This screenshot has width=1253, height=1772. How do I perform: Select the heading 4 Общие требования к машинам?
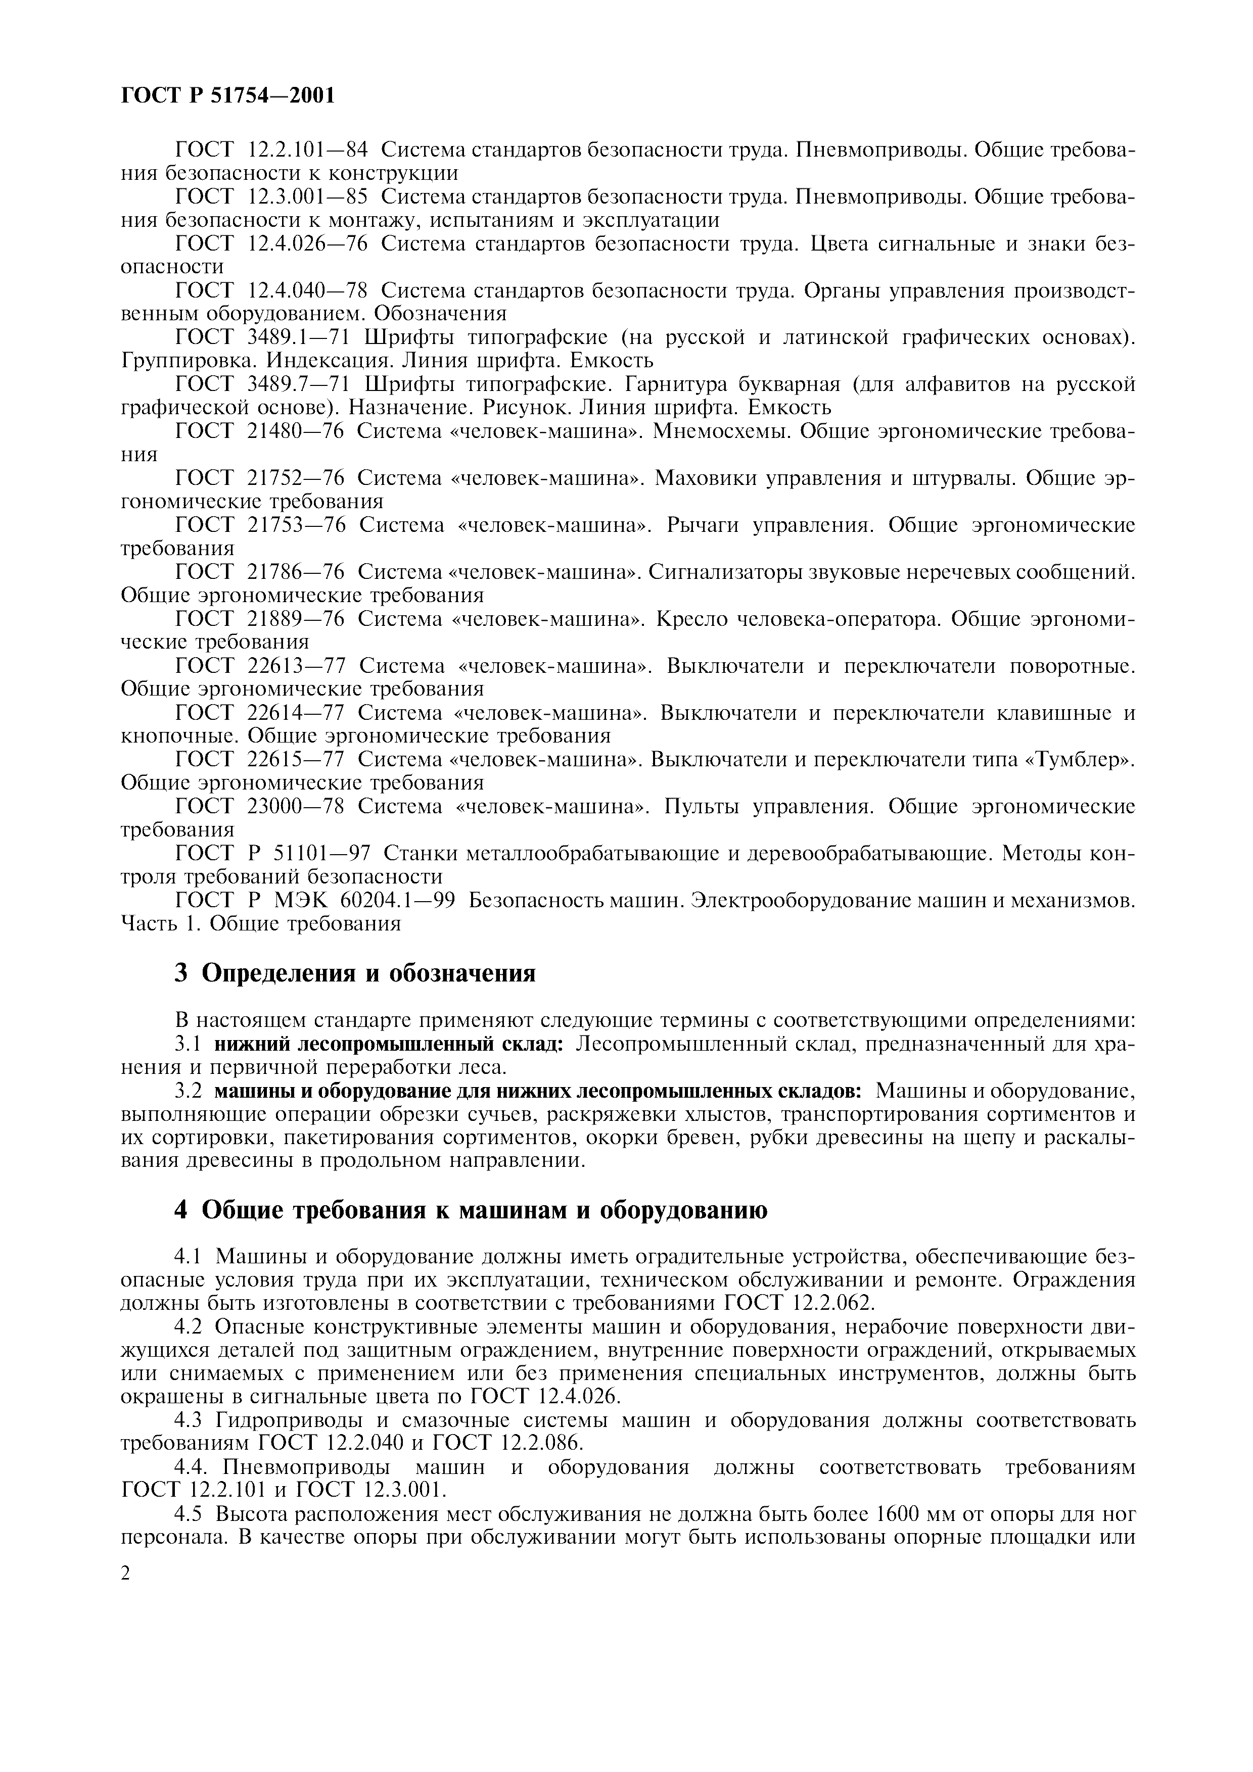(471, 1210)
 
